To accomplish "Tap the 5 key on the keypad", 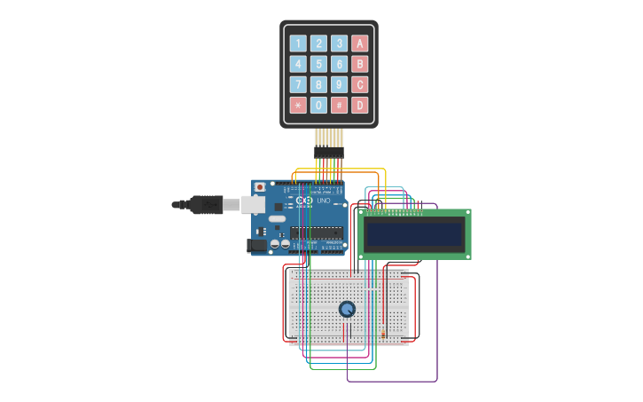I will (x=318, y=64).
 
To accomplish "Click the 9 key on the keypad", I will (x=339, y=84).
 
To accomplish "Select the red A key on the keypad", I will (x=359, y=43).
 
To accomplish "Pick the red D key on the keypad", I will (x=359, y=105).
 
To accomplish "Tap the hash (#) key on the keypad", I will (x=339, y=105).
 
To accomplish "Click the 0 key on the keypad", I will (x=318, y=105).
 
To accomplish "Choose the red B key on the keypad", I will (x=359, y=64).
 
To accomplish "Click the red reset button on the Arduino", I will (x=260, y=187).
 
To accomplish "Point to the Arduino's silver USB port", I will (x=254, y=205).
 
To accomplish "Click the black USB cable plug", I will (x=206, y=204).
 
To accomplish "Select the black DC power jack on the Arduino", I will (x=256, y=245).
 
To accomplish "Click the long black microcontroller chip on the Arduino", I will (x=317, y=233).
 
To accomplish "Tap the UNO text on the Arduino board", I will (x=322, y=201).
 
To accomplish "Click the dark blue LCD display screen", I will (x=414, y=233).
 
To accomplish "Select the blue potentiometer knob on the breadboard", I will (x=347, y=309).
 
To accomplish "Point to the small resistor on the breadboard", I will (x=382, y=333).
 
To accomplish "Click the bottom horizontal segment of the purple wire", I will (x=391, y=382).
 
